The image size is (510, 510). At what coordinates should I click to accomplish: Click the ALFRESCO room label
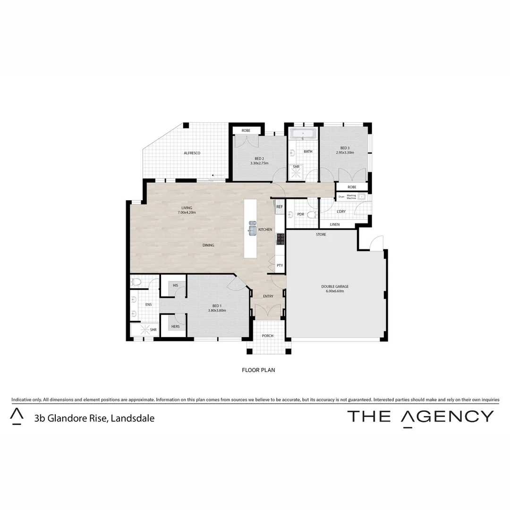[x=192, y=153]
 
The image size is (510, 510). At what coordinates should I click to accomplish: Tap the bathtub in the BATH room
[x=303, y=134]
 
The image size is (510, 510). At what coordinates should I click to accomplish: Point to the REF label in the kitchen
[x=280, y=207]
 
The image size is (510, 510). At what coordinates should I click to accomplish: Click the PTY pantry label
[x=280, y=265]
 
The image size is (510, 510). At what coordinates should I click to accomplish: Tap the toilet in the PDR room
[x=311, y=215]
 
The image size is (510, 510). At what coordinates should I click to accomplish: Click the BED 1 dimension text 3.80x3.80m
[x=217, y=311]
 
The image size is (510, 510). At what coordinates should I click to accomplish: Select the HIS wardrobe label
[x=175, y=286]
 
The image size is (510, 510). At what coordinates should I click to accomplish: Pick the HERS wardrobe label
[x=175, y=327]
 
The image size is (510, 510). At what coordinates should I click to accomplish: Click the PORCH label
[x=268, y=336]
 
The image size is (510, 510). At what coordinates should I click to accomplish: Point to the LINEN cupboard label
[x=334, y=224]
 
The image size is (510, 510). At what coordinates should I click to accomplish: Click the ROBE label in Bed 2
[x=246, y=130]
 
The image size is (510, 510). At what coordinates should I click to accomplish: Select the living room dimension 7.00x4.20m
[x=187, y=213]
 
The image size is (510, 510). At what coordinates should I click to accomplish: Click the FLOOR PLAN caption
[x=258, y=370]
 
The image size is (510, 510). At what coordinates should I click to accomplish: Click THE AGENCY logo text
[x=420, y=416]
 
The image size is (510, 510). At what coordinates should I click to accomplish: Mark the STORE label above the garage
[x=321, y=234]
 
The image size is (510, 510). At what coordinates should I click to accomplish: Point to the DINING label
[x=208, y=245]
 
